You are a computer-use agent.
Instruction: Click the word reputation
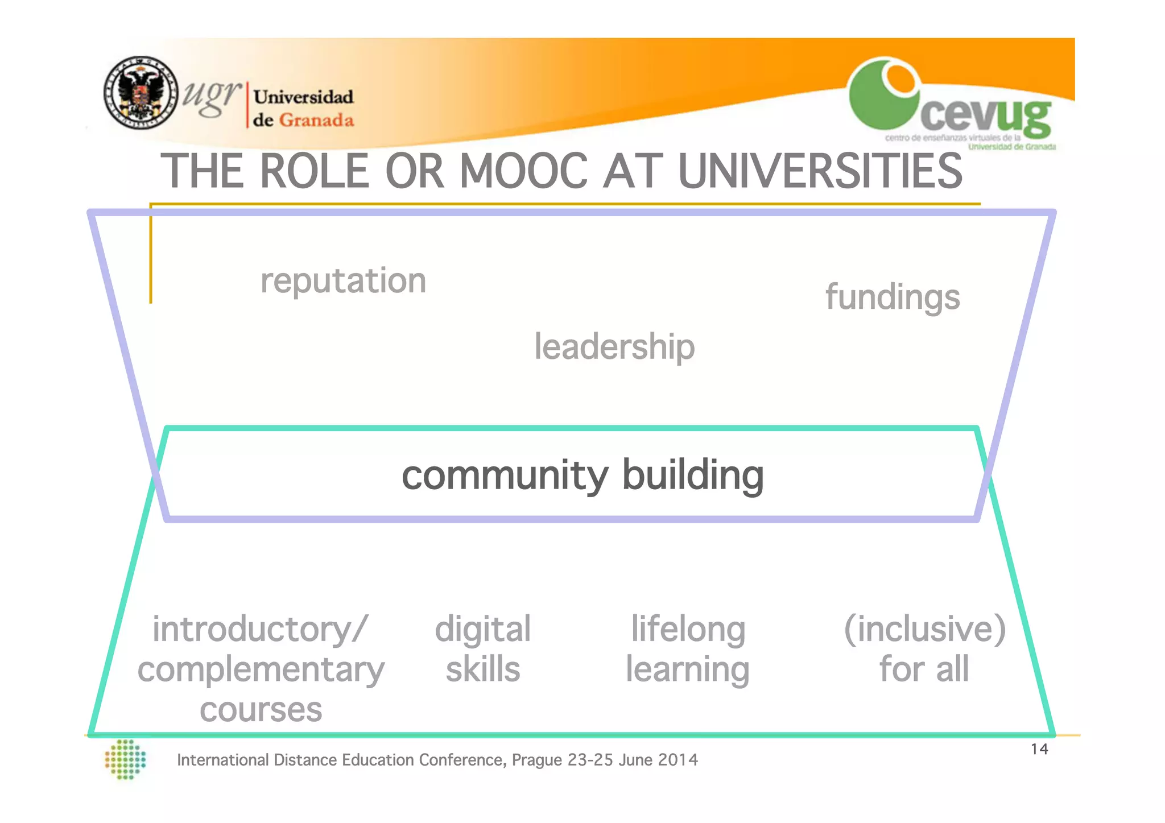[343, 281]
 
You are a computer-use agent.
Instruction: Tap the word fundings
[893, 297]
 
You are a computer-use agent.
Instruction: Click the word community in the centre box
[505, 475]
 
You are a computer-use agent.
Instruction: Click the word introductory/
[261, 630]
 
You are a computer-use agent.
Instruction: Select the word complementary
[261, 669]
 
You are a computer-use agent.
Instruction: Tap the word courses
[261, 710]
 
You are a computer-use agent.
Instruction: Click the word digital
[483, 630]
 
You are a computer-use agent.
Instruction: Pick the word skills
[483, 669]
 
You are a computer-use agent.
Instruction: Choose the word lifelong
[688, 630]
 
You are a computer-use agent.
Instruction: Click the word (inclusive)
[925, 629]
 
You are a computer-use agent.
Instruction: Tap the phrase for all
[924, 669]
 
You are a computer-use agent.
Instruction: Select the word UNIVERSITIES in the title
[820, 171]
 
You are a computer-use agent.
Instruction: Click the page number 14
[1039, 749]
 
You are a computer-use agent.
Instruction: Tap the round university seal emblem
[141, 93]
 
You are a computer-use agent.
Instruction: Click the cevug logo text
[985, 116]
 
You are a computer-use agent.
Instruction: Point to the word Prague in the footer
[537, 760]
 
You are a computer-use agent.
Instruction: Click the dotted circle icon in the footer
[126, 759]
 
